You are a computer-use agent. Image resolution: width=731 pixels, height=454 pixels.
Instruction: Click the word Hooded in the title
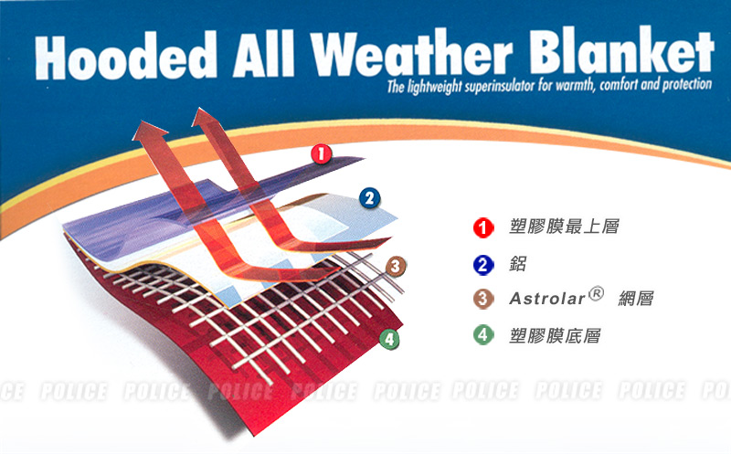(126, 56)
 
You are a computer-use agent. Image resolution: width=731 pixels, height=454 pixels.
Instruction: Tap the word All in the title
(264, 54)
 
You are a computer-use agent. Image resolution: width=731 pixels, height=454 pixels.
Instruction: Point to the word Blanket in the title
(621, 49)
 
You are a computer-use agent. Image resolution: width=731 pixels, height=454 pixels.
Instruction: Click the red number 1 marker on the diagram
(322, 153)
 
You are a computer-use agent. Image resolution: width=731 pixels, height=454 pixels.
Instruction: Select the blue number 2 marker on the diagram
(370, 198)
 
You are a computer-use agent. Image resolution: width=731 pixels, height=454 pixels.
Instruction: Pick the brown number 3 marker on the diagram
(396, 266)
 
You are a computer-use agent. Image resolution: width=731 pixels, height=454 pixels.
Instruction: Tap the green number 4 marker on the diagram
(389, 339)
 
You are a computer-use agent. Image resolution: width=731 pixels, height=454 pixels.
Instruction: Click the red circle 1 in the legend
(483, 228)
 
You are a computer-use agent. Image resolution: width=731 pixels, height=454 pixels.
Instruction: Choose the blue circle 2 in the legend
(483, 265)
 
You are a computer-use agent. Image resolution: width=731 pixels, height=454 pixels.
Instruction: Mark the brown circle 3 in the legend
(483, 299)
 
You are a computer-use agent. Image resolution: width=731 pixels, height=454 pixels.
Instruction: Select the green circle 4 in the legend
(483, 335)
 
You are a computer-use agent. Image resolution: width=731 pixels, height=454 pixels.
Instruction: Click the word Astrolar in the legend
(546, 299)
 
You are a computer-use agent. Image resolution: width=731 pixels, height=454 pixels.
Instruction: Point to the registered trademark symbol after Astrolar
(596, 293)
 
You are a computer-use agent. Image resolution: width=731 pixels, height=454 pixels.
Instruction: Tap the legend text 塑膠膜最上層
(564, 227)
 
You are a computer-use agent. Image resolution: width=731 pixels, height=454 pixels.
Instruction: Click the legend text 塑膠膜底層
(555, 335)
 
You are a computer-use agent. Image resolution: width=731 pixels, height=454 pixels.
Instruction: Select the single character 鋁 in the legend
(518, 264)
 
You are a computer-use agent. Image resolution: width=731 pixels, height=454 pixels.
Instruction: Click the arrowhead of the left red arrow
(149, 131)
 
